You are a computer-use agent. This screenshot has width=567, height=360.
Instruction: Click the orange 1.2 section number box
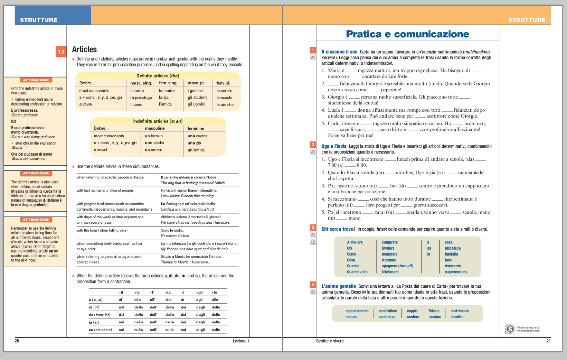[x=61, y=52]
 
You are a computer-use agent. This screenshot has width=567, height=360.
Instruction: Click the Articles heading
[x=84, y=49]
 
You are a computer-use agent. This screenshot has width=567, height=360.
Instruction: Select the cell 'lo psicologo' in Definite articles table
[x=141, y=98]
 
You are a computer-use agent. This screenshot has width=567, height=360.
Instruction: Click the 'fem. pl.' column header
[x=223, y=83]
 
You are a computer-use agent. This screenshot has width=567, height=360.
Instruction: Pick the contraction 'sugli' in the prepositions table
[x=200, y=330]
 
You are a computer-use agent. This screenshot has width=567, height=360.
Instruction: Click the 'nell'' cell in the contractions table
[x=153, y=322]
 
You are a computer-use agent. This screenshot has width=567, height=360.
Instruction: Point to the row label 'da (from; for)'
[x=100, y=315]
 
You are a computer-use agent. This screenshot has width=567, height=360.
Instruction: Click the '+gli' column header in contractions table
[x=199, y=292]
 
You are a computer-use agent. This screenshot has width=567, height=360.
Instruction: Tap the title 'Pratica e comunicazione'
[x=407, y=34]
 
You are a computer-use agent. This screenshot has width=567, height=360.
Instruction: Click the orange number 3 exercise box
[x=313, y=228]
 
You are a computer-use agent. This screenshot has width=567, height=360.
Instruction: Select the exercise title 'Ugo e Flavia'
[x=333, y=146]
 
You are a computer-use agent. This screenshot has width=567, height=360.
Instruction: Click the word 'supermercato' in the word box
[x=456, y=272]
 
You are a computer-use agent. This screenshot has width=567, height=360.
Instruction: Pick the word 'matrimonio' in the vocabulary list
[x=460, y=311]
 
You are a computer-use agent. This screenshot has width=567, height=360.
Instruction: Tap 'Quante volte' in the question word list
[x=357, y=272]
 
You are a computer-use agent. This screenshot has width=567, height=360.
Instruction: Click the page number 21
[x=548, y=341]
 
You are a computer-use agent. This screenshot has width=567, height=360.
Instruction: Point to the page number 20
[x=17, y=341]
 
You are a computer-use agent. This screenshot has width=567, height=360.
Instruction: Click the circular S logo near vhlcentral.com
[x=510, y=329]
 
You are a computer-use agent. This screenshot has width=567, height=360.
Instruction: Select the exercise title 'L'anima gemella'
[x=338, y=286]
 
